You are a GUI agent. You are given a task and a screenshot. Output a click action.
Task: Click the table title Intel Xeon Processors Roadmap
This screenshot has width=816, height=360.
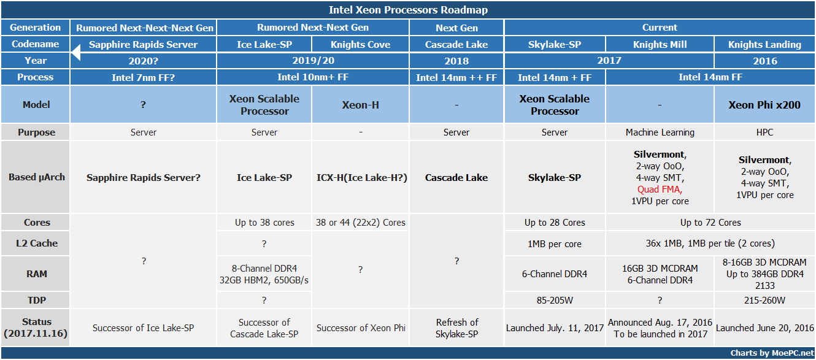coord(408,10)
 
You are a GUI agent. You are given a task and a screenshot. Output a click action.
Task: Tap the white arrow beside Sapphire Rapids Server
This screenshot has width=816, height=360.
coord(76,52)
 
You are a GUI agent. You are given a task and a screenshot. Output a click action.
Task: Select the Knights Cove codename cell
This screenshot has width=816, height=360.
coord(360,44)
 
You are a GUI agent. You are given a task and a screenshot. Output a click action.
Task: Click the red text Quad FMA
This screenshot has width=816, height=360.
coord(660,190)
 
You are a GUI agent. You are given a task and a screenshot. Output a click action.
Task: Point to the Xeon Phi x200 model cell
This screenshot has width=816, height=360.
coord(764,105)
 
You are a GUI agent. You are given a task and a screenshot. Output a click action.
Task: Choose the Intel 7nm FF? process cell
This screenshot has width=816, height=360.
coord(143,77)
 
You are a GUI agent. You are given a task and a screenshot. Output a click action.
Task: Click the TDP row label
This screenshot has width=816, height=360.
coord(36,301)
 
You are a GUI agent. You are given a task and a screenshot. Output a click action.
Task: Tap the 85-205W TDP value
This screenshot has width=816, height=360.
coord(555,301)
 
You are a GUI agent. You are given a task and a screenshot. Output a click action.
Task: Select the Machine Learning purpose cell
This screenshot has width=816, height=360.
coord(660,132)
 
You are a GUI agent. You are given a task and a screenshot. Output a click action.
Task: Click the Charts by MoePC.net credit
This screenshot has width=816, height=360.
coord(772,353)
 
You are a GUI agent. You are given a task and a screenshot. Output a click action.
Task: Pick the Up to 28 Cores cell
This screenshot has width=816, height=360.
coord(555,223)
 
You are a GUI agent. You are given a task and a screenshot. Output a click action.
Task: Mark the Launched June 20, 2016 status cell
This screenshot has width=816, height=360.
coord(764,327)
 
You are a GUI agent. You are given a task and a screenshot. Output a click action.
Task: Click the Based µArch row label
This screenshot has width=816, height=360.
coord(36,177)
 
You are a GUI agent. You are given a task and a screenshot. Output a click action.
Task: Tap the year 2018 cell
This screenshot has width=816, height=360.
coord(456,61)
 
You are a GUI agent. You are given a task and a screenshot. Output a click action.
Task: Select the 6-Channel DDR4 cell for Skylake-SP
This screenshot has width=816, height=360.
coord(555,274)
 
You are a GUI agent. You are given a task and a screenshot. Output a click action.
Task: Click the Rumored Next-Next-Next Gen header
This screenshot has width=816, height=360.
coord(145,28)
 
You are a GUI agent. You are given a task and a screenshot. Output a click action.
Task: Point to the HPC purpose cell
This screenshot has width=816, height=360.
coord(764,132)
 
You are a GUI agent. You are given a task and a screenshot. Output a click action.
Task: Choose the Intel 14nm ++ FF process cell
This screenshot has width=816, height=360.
coord(456,77)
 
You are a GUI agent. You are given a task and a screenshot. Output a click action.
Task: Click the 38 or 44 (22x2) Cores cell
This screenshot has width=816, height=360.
coord(360,223)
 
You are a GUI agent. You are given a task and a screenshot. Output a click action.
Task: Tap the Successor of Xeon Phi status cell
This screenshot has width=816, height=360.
coord(361,327)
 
